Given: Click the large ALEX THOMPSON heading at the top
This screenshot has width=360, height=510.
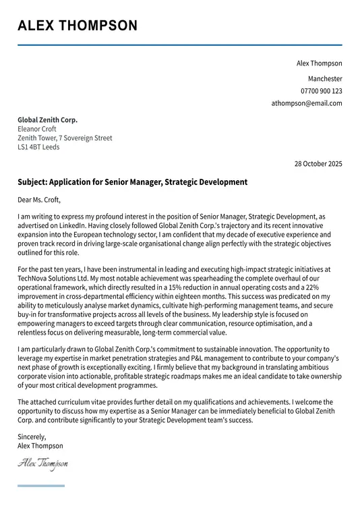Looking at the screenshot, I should tap(78, 26).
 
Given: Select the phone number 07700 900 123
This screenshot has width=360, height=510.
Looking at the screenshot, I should tap(321, 90).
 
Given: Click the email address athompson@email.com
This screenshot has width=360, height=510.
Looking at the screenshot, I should tap(307, 103).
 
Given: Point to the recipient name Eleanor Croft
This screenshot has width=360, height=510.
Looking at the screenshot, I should tap(37, 129).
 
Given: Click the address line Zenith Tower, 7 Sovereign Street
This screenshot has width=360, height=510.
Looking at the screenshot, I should tap(65, 138).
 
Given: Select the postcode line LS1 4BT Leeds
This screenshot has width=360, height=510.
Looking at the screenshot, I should tap(38, 146).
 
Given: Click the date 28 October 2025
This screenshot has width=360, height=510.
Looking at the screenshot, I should tap(318, 164).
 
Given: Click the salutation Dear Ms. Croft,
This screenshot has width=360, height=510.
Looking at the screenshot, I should tap(39, 200).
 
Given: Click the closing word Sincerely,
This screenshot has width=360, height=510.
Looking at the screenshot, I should tap(32, 437).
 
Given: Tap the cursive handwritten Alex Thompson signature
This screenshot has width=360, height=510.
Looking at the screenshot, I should tap(42, 463).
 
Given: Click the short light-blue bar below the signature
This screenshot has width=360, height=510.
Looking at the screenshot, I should tap(41, 486).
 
